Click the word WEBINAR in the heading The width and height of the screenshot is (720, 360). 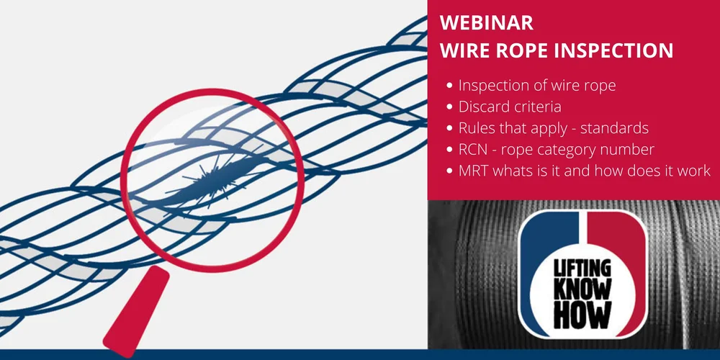click(x=487, y=23)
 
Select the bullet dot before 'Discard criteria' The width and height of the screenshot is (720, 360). click(x=450, y=107)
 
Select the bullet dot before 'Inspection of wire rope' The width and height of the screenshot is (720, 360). click(x=450, y=86)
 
